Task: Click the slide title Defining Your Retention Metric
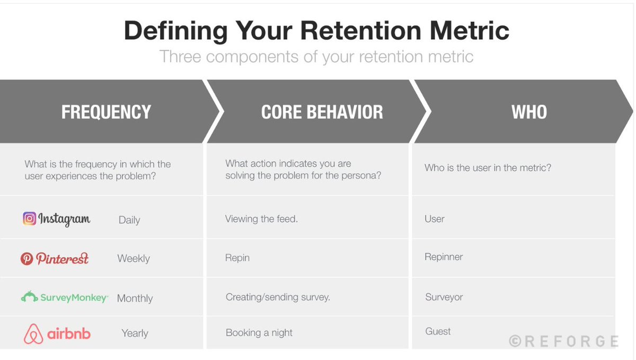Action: (316, 31)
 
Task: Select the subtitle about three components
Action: (316, 57)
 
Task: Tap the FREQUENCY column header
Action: (106, 112)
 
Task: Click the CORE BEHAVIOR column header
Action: (322, 112)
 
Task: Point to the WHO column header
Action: (528, 112)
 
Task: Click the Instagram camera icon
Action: (29, 218)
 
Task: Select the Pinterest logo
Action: (55, 258)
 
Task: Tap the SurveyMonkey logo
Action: (64, 297)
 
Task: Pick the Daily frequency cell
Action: (129, 220)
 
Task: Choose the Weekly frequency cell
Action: (134, 259)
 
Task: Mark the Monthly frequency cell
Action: (135, 298)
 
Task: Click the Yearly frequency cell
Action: (135, 333)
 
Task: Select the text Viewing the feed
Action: (261, 219)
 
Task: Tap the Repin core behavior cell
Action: (237, 258)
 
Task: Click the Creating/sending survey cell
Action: (278, 297)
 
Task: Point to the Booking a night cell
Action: (259, 333)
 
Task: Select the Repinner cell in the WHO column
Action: (444, 257)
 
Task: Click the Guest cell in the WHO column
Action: (438, 331)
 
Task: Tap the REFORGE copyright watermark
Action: (563, 341)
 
